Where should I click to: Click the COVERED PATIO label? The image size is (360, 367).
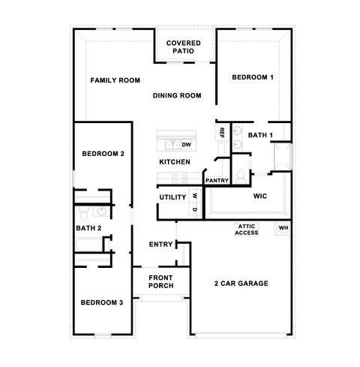click(183, 47)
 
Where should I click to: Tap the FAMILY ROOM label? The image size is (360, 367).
click(115, 80)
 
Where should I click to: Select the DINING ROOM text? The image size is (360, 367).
click(178, 95)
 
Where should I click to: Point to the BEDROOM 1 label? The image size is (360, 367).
click(252, 77)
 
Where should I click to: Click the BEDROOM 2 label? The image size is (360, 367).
click(103, 154)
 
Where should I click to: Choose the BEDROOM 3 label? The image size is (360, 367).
click(101, 302)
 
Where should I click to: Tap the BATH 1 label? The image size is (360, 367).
click(260, 135)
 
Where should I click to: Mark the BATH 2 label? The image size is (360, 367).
click(88, 227)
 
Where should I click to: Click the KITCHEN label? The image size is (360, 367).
click(174, 162)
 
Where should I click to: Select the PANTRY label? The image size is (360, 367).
click(217, 180)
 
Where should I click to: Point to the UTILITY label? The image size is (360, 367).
click(172, 197)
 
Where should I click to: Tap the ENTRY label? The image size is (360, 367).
click(160, 244)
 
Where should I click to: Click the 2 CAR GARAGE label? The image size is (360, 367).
click(241, 283)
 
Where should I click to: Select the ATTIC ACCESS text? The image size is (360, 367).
click(248, 230)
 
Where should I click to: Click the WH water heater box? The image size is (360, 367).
click(283, 227)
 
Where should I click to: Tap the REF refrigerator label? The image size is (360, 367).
click(222, 132)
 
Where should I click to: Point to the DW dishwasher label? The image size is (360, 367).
click(186, 144)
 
